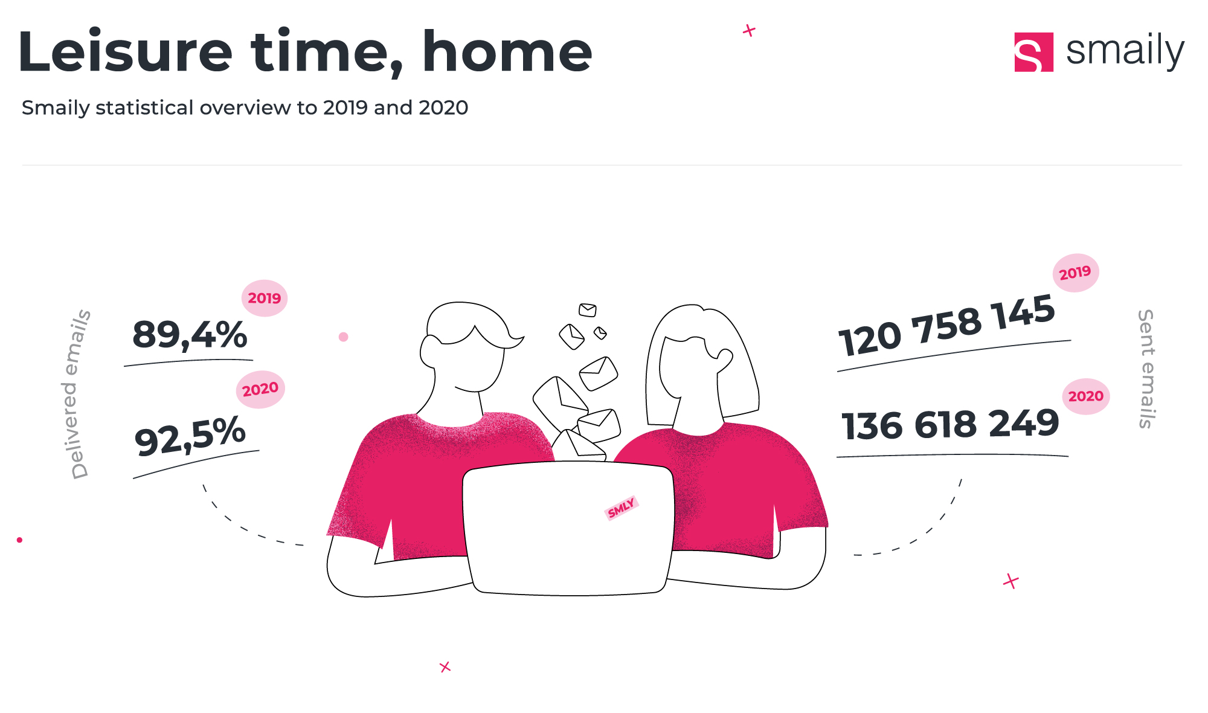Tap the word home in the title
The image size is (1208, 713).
point(507,52)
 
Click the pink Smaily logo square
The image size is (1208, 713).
point(1033,52)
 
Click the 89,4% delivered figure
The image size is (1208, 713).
point(190,335)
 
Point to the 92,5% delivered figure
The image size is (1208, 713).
point(190,436)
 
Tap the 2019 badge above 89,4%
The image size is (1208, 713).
point(265,298)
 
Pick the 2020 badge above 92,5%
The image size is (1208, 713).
point(260,389)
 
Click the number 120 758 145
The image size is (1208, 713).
point(946,325)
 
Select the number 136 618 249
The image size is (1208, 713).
point(950,424)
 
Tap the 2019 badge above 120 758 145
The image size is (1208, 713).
point(1076,273)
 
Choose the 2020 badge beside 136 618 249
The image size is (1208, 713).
point(1086,396)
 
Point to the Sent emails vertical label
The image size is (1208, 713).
point(1146,369)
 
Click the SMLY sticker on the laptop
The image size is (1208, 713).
point(622,508)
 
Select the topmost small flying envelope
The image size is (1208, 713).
point(588,310)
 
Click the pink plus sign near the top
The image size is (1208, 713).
point(749,30)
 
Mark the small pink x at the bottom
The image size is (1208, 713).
point(445,667)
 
